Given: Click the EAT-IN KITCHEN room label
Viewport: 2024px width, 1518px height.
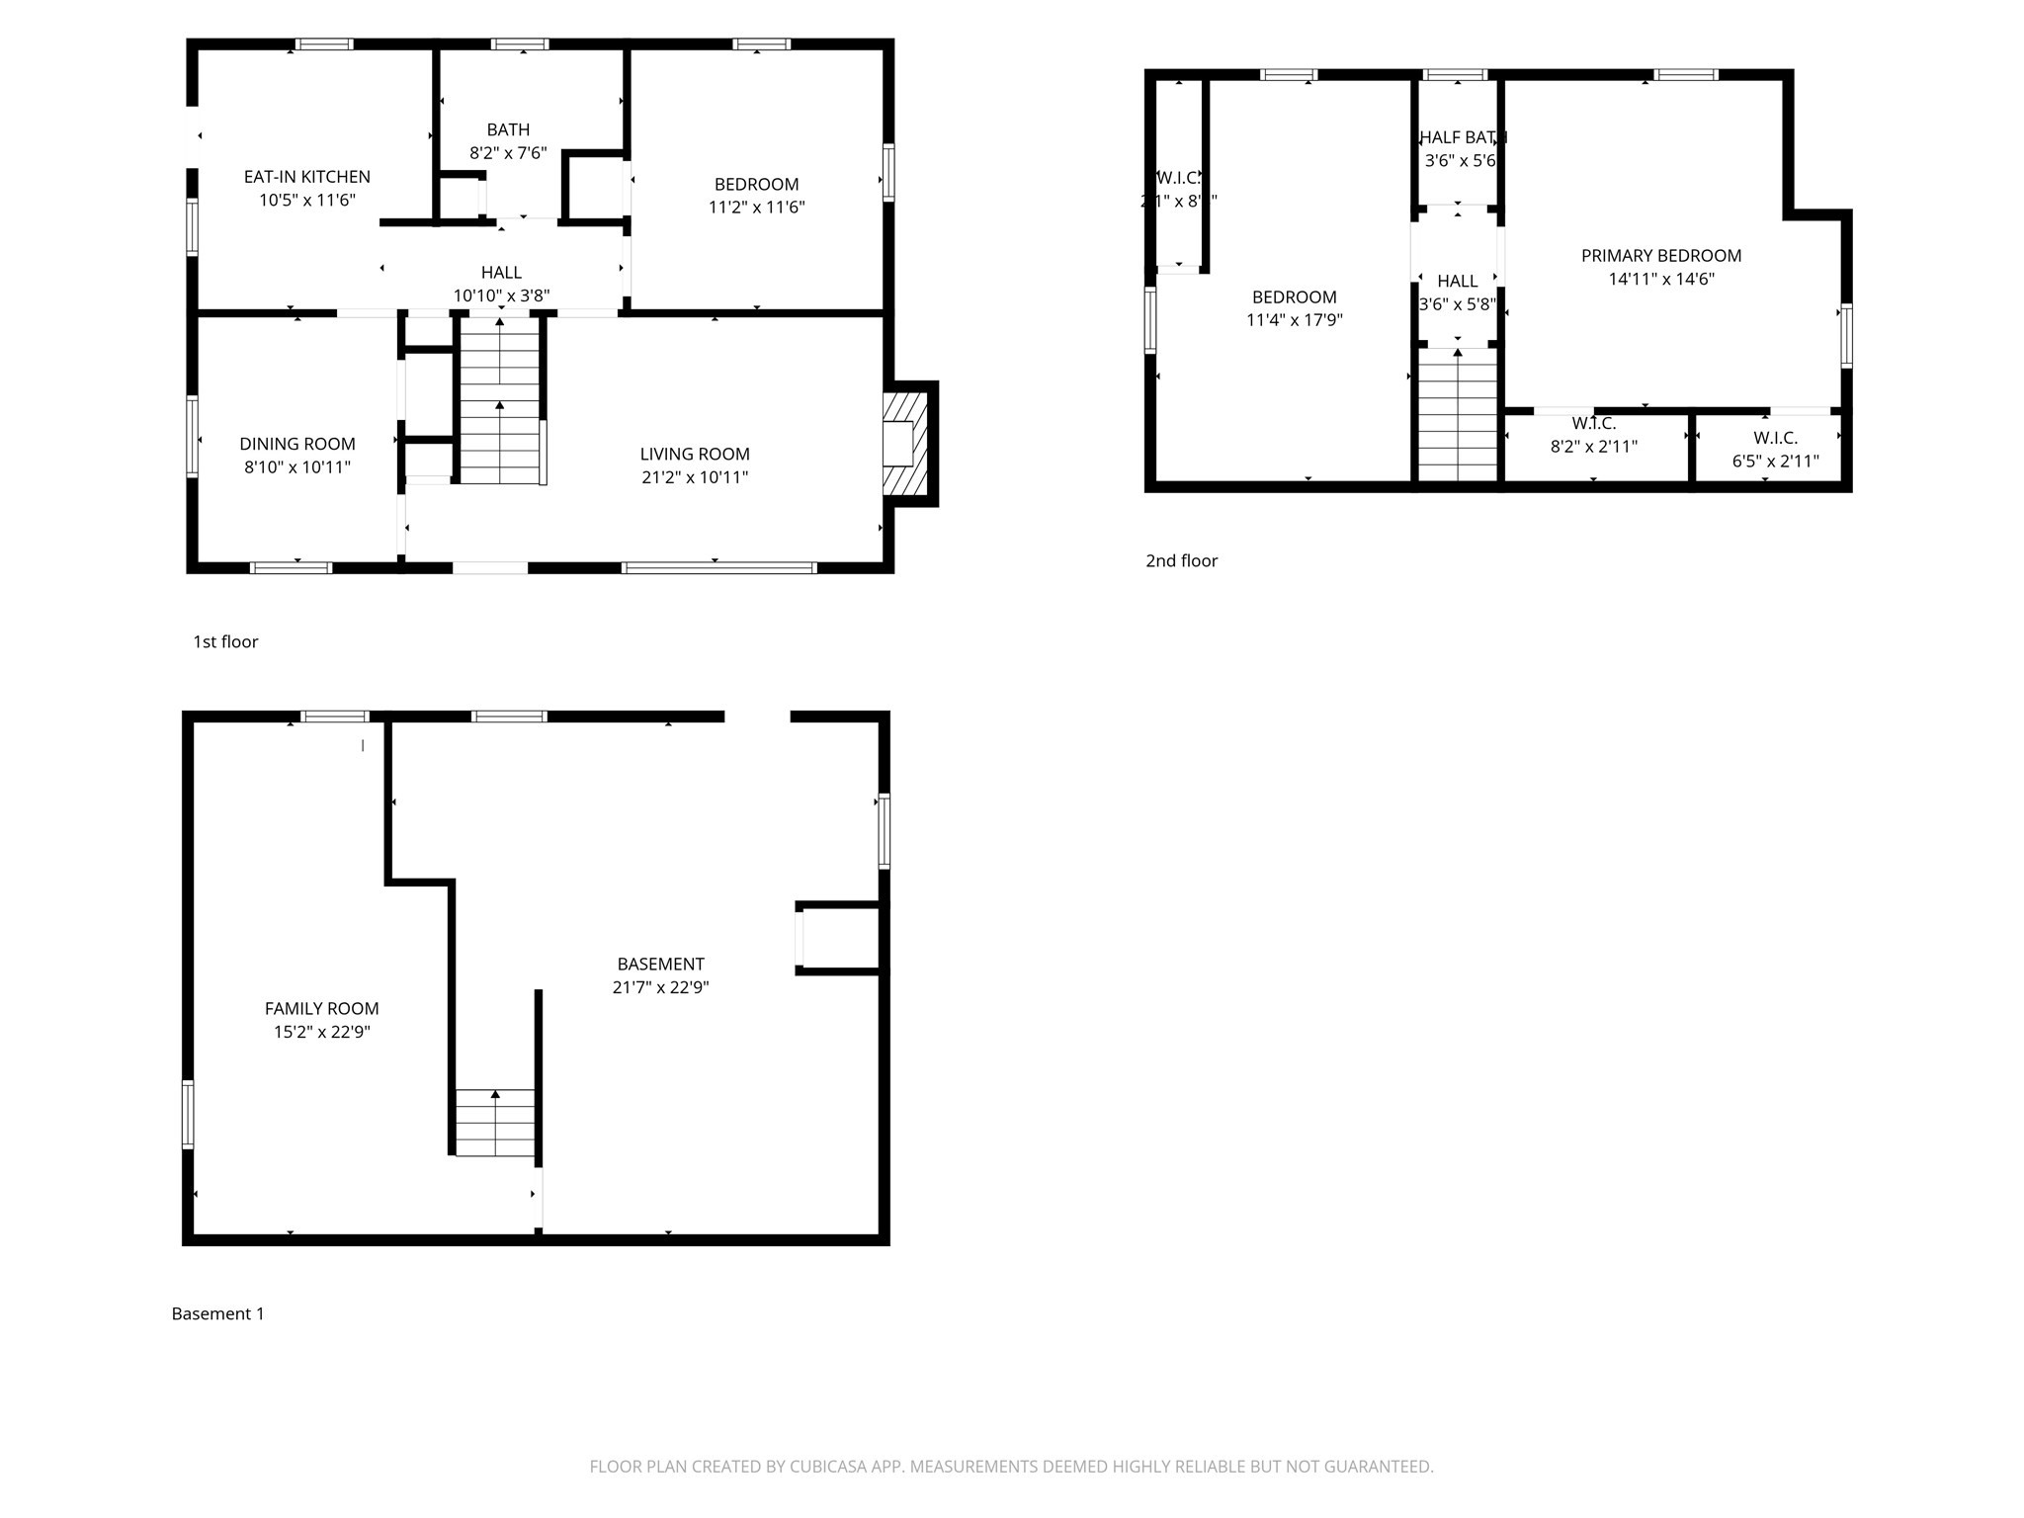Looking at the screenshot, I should pyautogui.click(x=306, y=177).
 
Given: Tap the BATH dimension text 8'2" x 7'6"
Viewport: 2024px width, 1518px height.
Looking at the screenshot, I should pyautogui.click(x=508, y=153).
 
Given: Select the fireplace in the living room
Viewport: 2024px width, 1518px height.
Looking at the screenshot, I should pyautogui.click(x=904, y=444).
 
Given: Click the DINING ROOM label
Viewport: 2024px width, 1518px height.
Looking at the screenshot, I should pyautogui.click(x=297, y=444).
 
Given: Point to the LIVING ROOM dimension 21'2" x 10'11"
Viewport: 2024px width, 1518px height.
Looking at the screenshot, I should pyautogui.click(x=694, y=477).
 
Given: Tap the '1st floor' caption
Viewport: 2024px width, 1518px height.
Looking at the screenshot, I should pyautogui.click(x=225, y=641).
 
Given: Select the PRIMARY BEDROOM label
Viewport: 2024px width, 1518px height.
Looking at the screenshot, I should pyautogui.click(x=1660, y=256).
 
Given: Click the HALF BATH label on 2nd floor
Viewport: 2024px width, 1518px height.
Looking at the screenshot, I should pyautogui.click(x=1462, y=137).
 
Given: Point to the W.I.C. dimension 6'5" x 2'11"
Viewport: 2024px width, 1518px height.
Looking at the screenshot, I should pyautogui.click(x=1775, y=462).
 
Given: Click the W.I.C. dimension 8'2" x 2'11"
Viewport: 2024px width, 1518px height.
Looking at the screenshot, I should pyautogui.click(x=1593, y=447).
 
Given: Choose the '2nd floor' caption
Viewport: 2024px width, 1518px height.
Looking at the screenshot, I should pyautogui.click(x=1181, y=560).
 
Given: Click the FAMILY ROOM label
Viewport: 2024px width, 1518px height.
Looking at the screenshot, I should pyautogui.click(x=321, y=1008).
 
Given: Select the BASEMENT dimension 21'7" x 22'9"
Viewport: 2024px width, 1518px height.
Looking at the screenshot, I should pyautogui.click(x=660, y=987).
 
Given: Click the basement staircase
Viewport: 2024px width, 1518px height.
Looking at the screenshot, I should pyautogui.click(x=494, y=1122).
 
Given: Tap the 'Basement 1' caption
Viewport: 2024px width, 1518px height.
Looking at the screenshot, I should pyautogui.click(x=217, y=1313).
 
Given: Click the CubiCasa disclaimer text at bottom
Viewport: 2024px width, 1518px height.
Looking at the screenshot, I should pyautogui.click(x=1011, y=1467).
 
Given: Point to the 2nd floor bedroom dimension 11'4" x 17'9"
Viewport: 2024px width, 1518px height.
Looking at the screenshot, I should pyautogui.click(x=1294, y=320).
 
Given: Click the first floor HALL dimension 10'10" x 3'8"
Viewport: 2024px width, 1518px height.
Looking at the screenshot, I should pyautogui.click(x=501, y=295).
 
